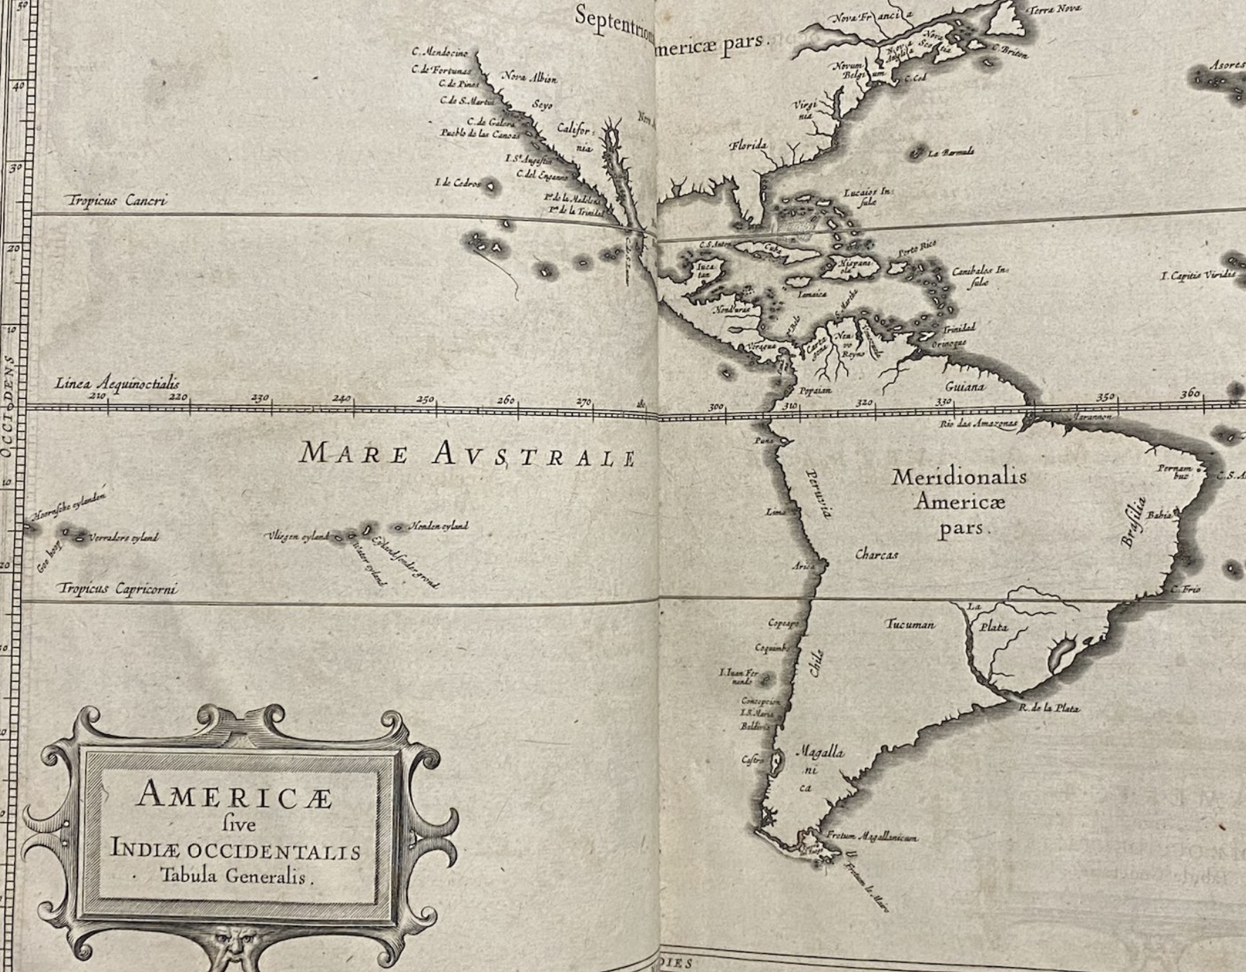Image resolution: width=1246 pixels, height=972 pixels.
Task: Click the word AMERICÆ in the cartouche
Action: pos(235,795)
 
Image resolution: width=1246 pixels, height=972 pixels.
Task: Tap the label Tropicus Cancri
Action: pos(117,201)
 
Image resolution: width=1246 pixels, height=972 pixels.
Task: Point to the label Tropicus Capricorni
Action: pos(118,589)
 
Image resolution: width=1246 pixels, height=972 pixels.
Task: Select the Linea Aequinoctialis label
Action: pos(117,384)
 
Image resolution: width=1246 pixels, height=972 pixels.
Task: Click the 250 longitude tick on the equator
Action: pos(425,399)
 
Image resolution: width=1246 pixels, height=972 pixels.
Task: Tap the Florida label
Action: pos(747,146)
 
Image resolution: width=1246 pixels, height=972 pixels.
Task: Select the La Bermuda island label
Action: pos(951,153)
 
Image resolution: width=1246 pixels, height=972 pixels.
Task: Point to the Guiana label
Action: pos(965,386)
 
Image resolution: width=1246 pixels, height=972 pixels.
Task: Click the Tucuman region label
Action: pos(909,625)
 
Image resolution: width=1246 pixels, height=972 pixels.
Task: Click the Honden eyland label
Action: pos(439,526)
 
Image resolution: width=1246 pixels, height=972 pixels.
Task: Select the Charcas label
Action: pos(876,555)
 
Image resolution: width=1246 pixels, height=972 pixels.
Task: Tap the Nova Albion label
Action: pos(529,78)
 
